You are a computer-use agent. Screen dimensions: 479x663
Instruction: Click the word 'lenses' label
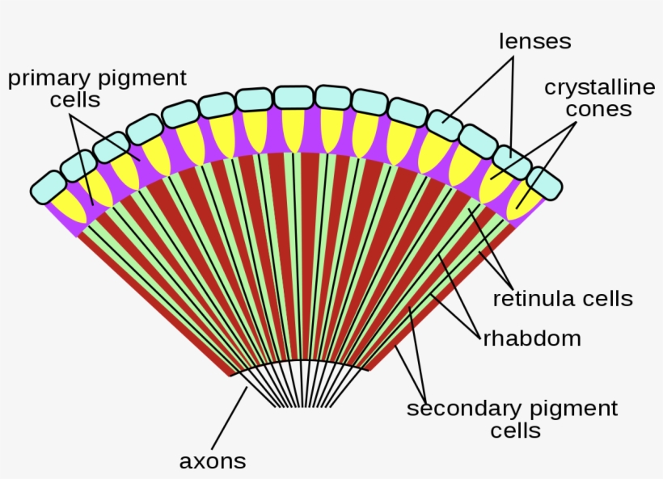tap(535, 40)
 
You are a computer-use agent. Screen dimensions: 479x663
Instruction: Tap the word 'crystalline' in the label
tap(588, 86)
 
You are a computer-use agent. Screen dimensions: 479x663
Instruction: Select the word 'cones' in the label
tap(598, 109)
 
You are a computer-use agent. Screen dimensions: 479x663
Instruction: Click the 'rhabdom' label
tap(532, 338)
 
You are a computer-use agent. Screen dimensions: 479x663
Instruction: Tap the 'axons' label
tap(213, 461)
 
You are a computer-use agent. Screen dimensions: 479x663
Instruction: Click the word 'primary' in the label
tap(49, 78)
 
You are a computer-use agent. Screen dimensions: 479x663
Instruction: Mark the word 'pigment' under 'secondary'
tap(576, 409)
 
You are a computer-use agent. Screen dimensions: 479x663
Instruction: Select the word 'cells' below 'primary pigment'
tap(74, 100)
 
